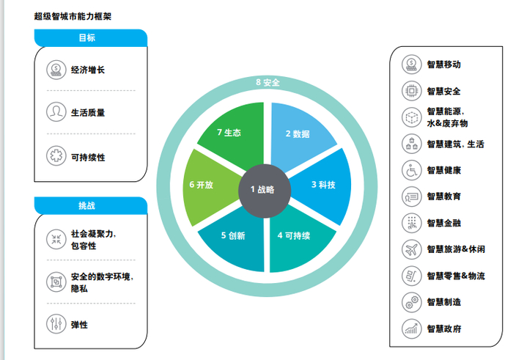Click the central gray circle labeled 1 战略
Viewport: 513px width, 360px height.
262,189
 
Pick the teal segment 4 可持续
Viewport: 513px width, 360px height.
296,236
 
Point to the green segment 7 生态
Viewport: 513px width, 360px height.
229,133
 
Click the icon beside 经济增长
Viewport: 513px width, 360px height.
56,70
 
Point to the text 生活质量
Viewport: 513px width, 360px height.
88,113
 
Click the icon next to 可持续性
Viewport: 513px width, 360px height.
56,156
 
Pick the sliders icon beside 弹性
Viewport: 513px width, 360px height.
56,323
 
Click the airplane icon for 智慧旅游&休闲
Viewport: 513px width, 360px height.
412,249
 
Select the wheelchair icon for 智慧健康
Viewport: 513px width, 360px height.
412,170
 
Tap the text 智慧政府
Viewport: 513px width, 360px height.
443,329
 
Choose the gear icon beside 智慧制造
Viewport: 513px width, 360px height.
412,301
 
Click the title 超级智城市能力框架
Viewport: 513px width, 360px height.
73,15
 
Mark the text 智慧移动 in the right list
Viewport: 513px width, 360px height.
443,65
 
